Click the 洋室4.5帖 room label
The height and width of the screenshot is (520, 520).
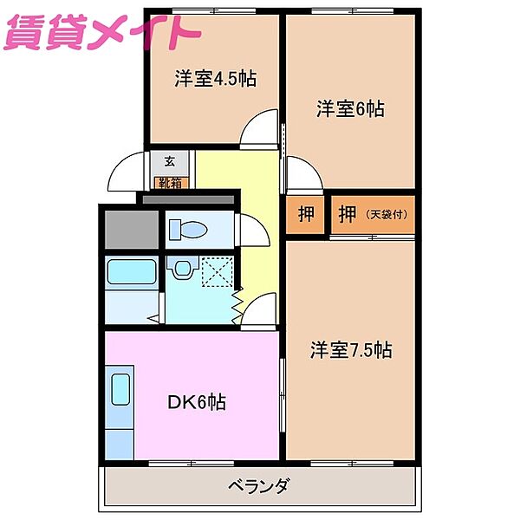tap(215, 78)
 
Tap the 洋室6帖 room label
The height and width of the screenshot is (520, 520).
tap(349, 109)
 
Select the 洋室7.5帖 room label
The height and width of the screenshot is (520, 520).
tap(351, 350)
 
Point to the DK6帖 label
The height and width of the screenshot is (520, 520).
tap(197, 402)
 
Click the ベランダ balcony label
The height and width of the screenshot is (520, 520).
tap(259, 485)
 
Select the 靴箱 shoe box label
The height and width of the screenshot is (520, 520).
tap(170, 183)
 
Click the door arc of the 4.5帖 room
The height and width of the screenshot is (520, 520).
tap(259, 131)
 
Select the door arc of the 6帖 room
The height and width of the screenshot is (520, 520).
tap(303, 174)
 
